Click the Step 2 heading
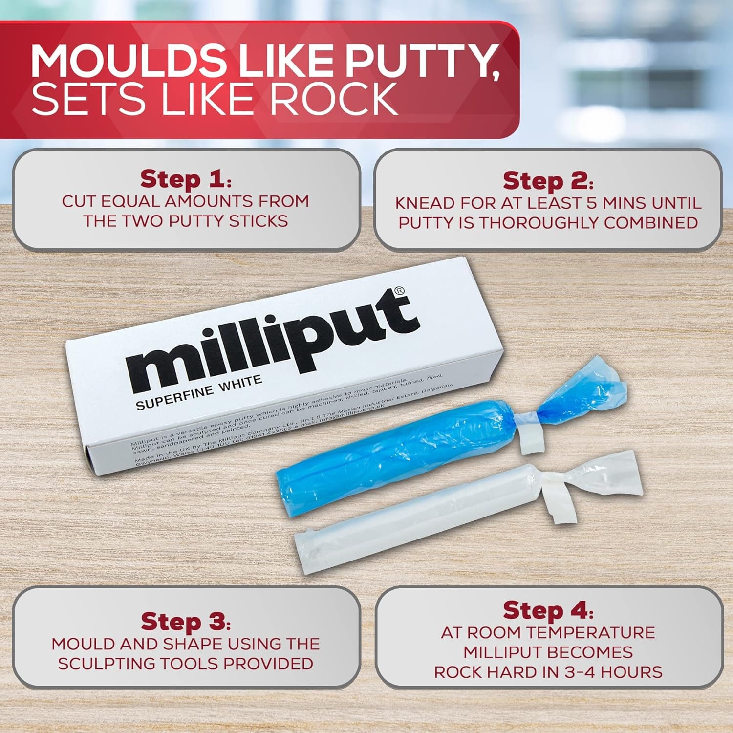click(548, 181)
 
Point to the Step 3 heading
click(185, 622)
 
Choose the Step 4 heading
click(548, 610)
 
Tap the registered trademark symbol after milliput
click(399, 291)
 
